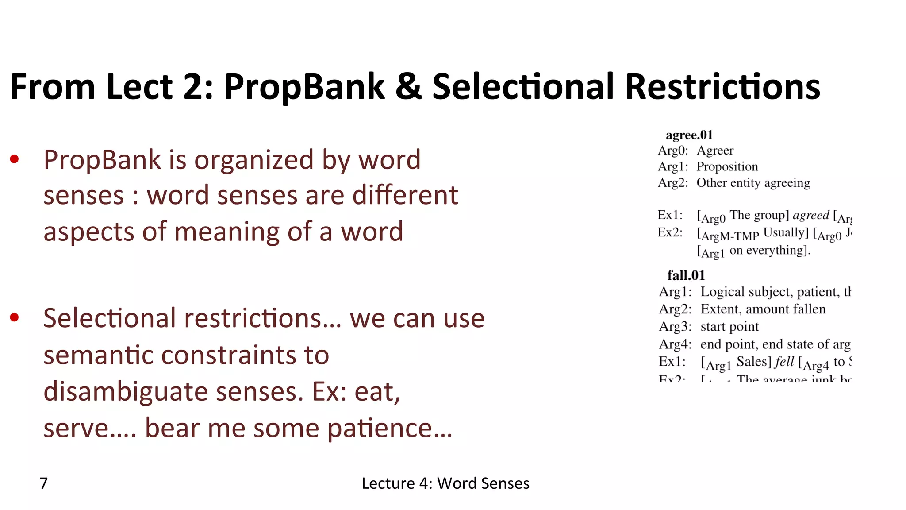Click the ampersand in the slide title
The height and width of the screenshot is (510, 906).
[x=408, y=87]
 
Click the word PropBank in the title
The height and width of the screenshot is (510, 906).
[x=304, y=87]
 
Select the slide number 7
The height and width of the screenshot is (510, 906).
[x=44, y=483]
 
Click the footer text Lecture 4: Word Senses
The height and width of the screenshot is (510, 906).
[x=445, y=483]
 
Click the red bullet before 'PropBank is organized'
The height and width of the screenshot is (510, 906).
[x=15, y=159]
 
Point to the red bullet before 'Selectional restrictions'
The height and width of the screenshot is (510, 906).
[x=15, y=317]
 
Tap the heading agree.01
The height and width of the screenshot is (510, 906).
[x=689, y=135]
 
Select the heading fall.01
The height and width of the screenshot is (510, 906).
[x=686, y=275]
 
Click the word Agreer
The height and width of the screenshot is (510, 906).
[x=715, y=151]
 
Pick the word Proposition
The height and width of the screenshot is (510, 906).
[x=727, y=166]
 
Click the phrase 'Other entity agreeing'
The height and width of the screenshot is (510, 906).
[x=753, y=183]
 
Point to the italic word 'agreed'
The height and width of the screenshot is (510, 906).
[x=810, y=216]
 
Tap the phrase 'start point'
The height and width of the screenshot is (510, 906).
[x=729, y=327]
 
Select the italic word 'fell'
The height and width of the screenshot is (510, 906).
[x=784, y=362]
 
